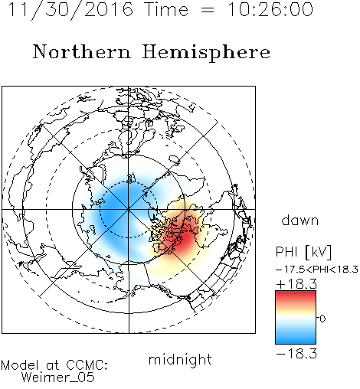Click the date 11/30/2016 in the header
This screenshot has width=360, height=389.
70,10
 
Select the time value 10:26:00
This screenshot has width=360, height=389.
270,9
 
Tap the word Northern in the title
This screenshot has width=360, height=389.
82,52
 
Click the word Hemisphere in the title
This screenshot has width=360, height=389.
206,53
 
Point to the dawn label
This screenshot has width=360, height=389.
300,220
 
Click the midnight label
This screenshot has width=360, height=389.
180,359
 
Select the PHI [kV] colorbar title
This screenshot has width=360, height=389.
303,252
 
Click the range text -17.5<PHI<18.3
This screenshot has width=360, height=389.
317,270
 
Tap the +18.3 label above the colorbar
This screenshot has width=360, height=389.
296,284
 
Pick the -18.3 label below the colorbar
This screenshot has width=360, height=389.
296,354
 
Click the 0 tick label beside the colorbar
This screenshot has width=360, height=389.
322,319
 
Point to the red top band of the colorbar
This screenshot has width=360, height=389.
296,294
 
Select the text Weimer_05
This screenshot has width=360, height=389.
58,378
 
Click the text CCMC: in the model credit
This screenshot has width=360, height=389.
87,365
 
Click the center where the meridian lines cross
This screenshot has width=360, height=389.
129,210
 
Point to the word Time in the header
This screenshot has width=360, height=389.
166,9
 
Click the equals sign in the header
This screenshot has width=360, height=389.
208,11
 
